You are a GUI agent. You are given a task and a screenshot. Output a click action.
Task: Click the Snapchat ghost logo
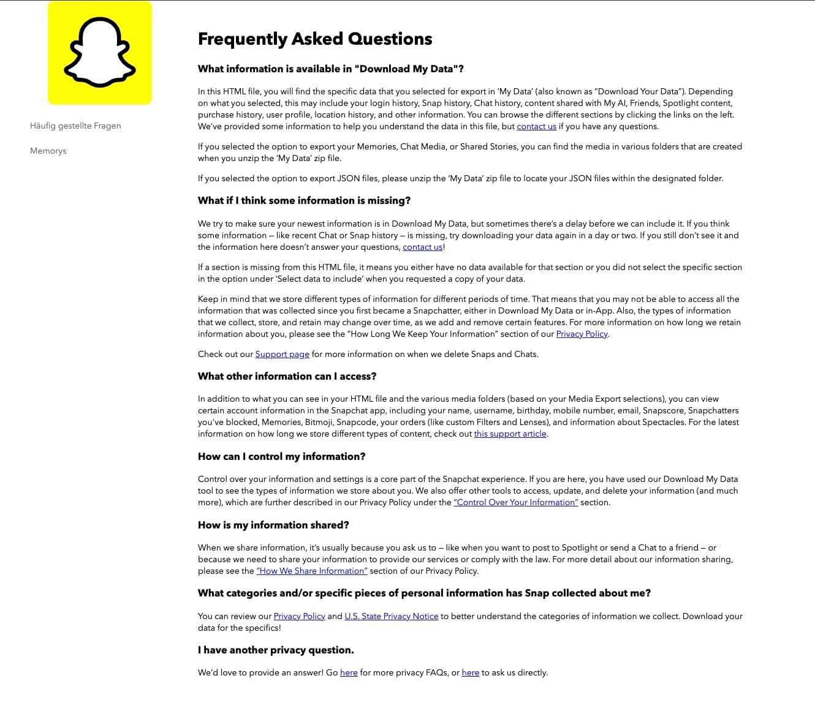(x=100, y=53)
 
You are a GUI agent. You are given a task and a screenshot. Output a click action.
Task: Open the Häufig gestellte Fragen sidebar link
(x=75, y=126)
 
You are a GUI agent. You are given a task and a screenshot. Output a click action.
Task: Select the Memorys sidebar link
(x=48, y=151)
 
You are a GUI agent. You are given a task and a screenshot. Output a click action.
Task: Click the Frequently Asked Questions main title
(x=315, y=39)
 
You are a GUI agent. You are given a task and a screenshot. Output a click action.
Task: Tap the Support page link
(x=282, y=354)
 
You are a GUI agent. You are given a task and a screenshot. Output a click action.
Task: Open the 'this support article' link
(x=510, y=434)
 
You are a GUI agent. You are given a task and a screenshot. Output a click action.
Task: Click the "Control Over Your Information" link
(x=515, y=502)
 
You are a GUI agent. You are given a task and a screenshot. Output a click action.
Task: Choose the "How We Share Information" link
(x=312, y=571)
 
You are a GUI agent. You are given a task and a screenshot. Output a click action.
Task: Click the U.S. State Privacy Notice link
(x=391, y=616)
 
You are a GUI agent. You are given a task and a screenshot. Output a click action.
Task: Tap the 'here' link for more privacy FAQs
(x=349, y=672)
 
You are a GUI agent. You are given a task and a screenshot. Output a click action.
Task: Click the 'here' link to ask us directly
(x=470, y=672)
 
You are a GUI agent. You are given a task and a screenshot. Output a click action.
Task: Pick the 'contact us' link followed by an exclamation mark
(x=422, y=247)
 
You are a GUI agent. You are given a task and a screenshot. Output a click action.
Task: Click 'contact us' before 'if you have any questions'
(x=536, y=126)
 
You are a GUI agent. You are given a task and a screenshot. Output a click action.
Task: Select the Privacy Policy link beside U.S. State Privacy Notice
(x=299, y=616)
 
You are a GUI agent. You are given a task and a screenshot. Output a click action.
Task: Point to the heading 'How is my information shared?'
(x=273, y=525)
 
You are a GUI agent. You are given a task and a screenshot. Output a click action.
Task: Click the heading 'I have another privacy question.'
(x=276, y=650)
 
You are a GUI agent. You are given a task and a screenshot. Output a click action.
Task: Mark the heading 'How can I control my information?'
(x=281, y=456)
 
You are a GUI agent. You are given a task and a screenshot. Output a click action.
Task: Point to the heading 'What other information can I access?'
(x=287, y=376)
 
